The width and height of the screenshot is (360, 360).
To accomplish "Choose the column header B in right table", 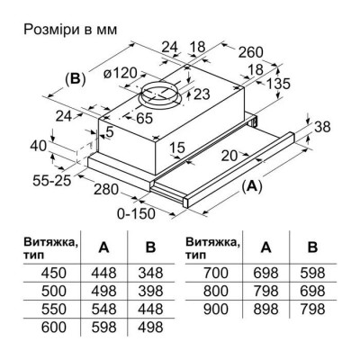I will [311, 248].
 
